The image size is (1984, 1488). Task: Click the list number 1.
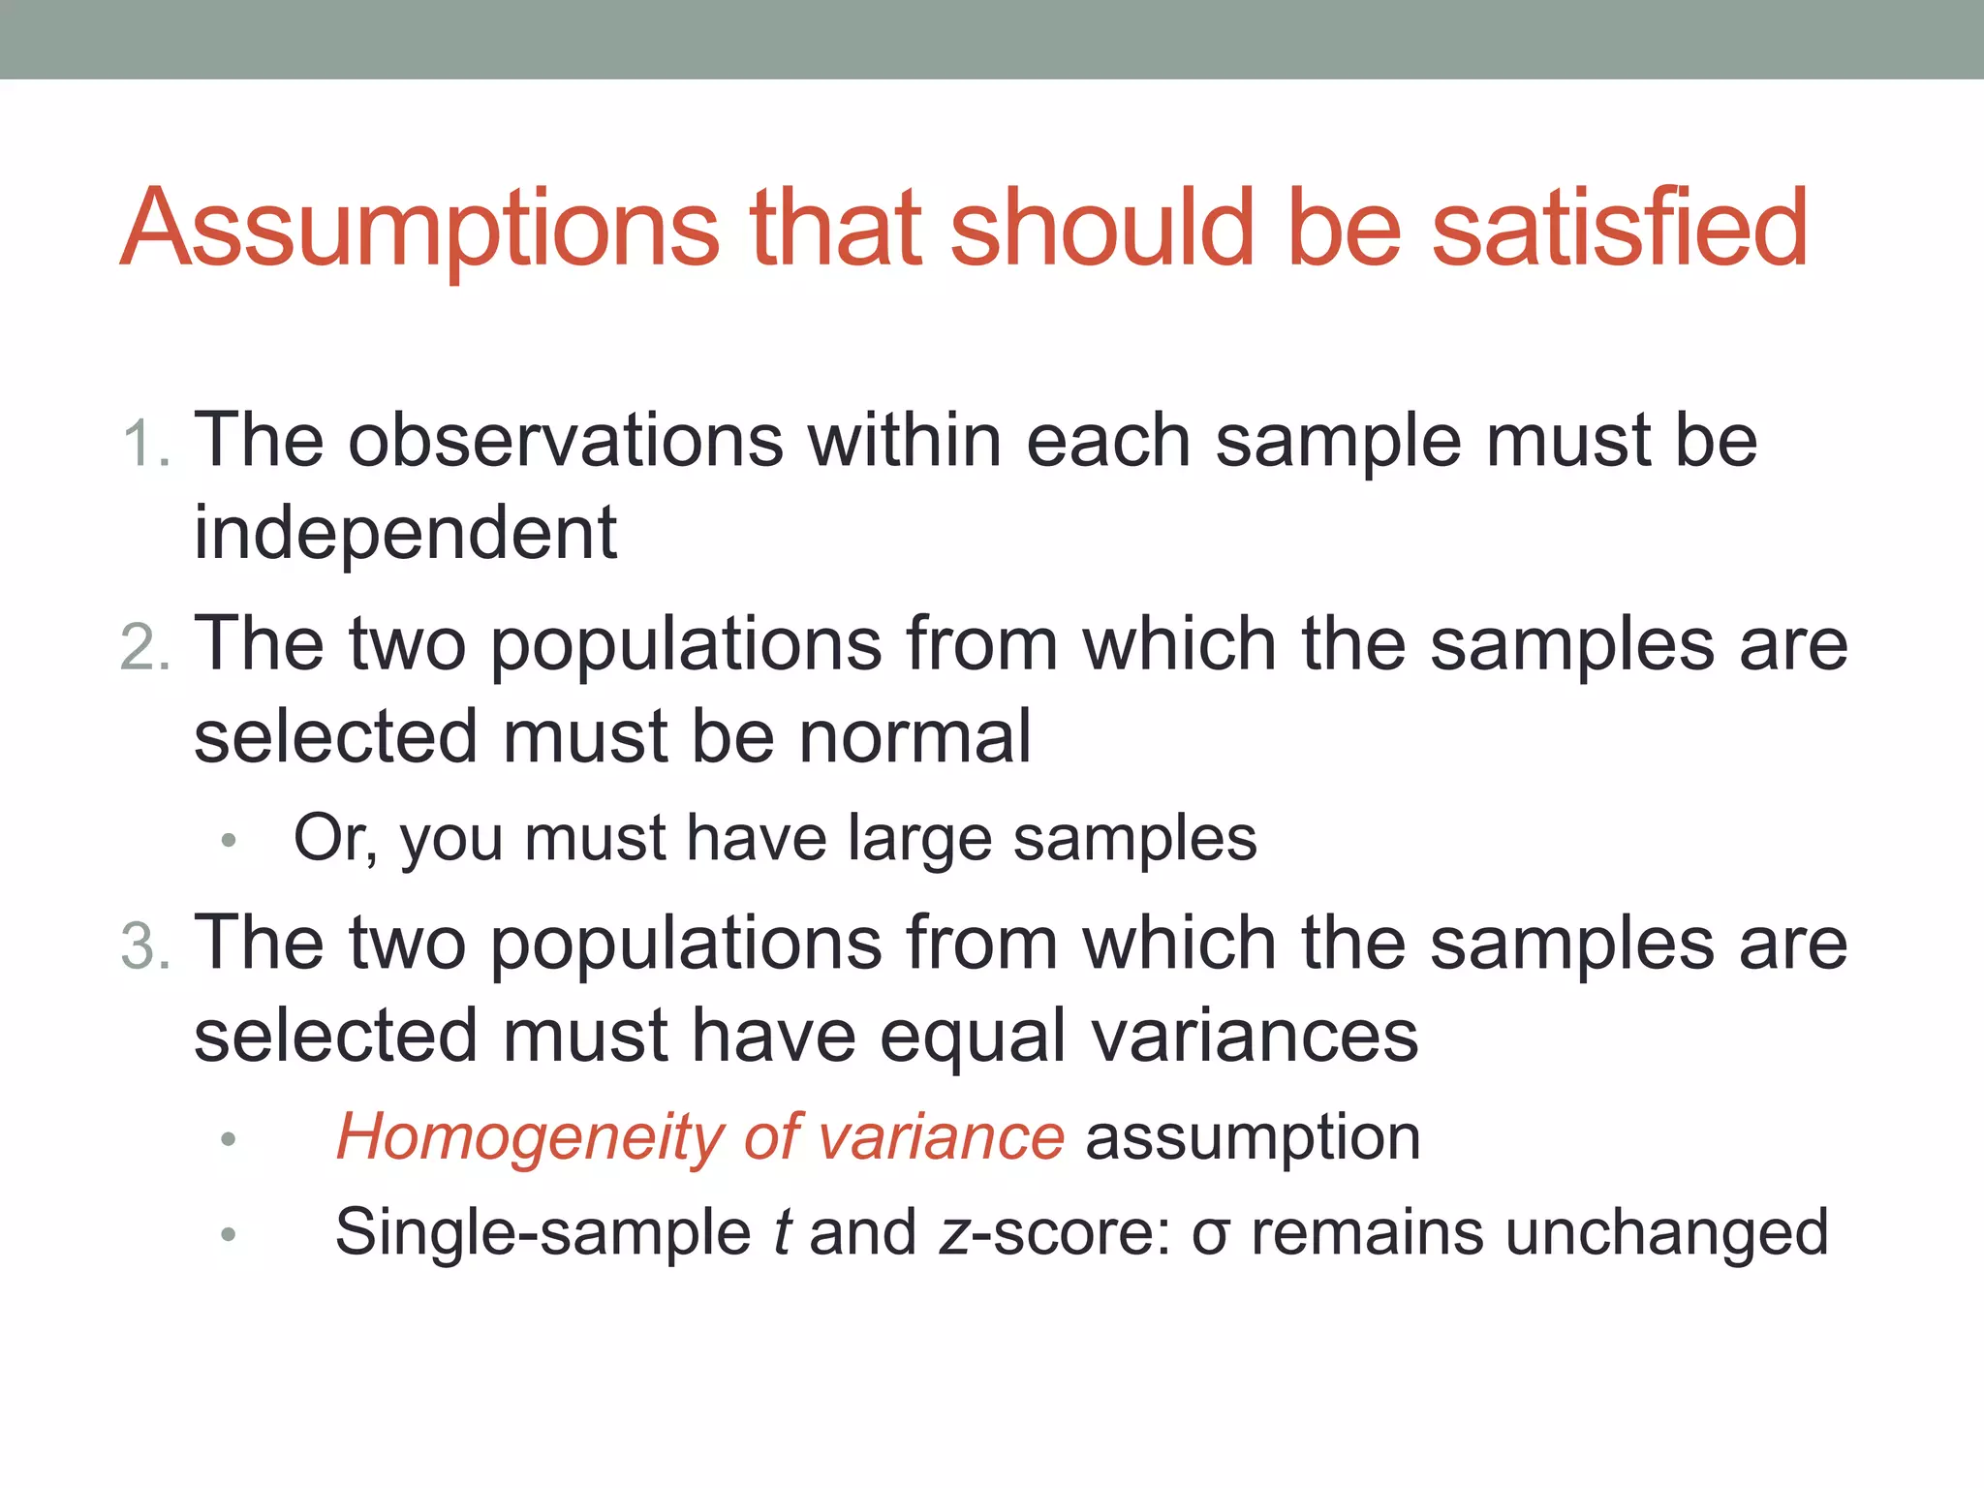pos(146,445)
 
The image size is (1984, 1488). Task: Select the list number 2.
pos(146,647)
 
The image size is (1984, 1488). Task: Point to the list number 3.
pos(146,946)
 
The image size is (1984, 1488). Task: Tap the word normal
pos(914,737)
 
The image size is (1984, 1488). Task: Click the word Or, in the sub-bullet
pos(335,838)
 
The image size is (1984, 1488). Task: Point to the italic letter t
pos(781,1233)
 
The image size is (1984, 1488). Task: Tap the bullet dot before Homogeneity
pos(229,1139)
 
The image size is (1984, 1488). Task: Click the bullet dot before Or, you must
pos(229,840)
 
